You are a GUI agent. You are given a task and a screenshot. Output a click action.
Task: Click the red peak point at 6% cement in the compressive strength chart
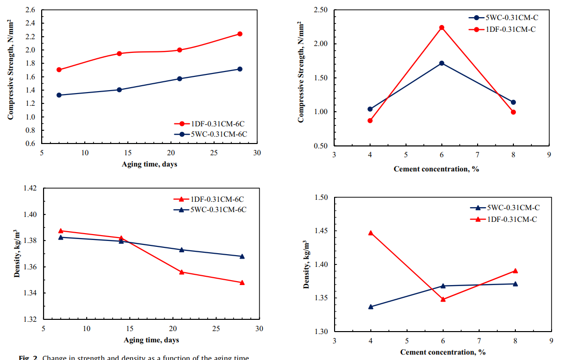pos(441,27)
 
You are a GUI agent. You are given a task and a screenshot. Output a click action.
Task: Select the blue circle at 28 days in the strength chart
pos(240,69)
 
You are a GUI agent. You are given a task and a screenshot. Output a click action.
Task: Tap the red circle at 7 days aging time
pos(59,70)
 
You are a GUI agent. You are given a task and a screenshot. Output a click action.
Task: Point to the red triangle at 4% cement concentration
pos(370,233)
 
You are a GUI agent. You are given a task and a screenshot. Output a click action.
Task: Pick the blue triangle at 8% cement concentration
pos(515,284)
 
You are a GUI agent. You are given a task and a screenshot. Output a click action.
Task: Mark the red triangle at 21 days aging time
pos(181,272)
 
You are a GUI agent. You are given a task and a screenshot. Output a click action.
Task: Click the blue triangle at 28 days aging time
pos(242,256)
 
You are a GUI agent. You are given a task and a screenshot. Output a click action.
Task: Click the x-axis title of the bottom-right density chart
pos(443,352)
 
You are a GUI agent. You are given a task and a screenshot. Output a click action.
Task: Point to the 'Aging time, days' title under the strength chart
pos(149,164)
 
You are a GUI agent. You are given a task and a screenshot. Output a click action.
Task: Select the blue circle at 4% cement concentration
pos(370,109)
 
